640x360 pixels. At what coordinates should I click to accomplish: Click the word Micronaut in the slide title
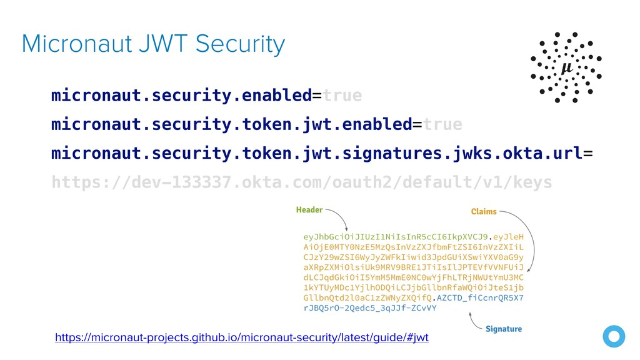pos(77,44)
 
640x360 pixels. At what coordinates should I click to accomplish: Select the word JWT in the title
pos(163,44)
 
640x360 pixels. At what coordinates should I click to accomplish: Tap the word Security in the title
pos(240,45)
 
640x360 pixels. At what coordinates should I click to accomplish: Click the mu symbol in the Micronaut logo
pos(567,67)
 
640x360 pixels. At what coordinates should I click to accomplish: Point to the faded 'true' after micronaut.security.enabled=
pos(342,96)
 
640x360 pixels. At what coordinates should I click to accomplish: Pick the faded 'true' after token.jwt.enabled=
pos(442,124)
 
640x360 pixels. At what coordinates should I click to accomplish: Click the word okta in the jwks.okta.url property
pos(522,154)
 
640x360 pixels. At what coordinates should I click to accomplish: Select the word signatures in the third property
pos(392,154)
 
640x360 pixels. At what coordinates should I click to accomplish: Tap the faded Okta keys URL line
pos(302,182)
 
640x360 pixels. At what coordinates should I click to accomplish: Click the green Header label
pos(309,210)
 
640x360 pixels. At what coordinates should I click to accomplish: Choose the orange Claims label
pos(484,211)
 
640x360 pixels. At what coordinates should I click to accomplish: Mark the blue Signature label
pos(504,329)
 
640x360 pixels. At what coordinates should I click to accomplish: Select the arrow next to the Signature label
pos(474,322)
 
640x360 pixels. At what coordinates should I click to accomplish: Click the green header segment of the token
pos(396,237)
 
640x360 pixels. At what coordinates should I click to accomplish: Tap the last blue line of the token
pos(370,308)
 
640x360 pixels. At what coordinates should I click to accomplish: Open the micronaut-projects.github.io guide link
pos(242,337)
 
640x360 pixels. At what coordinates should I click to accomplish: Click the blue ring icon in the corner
pos(614,336)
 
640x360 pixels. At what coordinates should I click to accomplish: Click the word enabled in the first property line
pos(277,96)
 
